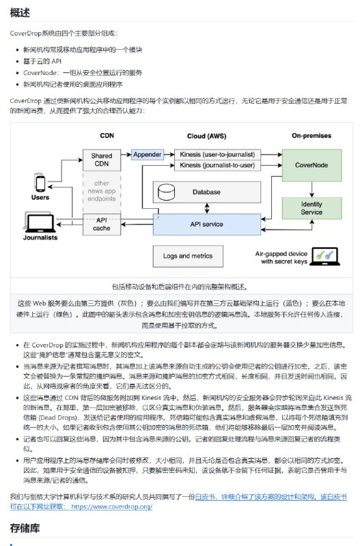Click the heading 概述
[x=20, y=12]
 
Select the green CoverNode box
[x=302, y=165]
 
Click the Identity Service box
[x=302, y=208]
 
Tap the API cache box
[x=101, y=224]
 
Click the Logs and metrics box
[x=186, y=256]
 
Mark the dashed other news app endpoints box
[x=101, y=191]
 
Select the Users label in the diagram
[x=40, y=197]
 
